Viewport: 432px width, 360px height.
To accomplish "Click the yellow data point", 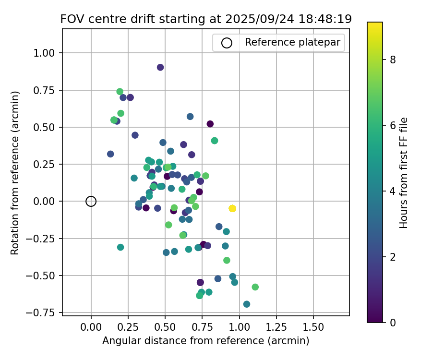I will pyautogui.click(x=232, y=208).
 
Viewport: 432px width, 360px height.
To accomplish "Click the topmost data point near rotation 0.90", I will pyautogui.click(x=160, y=67).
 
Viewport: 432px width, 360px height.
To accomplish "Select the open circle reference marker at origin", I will pyautogui.click(x=91, y=201).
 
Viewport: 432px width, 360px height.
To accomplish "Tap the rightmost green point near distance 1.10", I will pyautogui.click(x=255, y=287).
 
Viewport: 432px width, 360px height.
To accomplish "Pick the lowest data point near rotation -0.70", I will pyautogui.click(x=247, y=304).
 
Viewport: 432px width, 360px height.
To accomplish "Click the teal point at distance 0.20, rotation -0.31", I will pyautogui.click(x=120, y=247).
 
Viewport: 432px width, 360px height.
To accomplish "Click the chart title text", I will pyautogui.click(x=206, y=19).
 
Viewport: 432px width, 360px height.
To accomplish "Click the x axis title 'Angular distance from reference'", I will pyautogui.click(x=205, y=341).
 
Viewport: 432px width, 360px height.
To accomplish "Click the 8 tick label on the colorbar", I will pyautogui.click(x=393, y=60).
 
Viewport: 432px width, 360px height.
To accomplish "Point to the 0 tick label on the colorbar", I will pyautogui.click(x=393, y=322).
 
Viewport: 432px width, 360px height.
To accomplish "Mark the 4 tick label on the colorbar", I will pyautogui.click(x=393, y=191).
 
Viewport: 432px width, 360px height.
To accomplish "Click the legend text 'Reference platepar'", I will pyautogui.click(x=292, y=42).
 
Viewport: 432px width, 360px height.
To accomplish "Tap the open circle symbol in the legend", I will pyautogui.click(x=227, y=43).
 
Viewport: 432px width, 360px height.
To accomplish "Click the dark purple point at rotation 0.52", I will pyautogui.click(x=210, y=124).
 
